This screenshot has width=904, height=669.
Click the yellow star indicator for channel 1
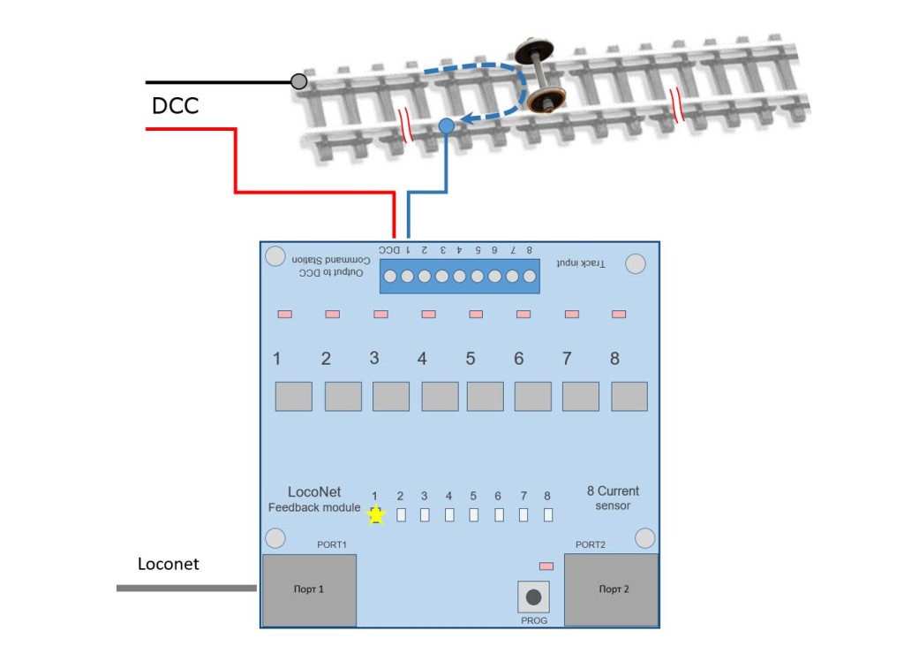click(377, 514)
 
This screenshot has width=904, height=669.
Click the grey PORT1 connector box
click(309, 589)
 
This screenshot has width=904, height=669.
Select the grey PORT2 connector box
click(611, 589)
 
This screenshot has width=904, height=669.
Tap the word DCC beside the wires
click(175, 106)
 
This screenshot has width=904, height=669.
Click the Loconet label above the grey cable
click(169, 564)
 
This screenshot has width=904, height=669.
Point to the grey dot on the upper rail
click(299, 82)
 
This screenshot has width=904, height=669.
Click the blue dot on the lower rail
click(447, 126)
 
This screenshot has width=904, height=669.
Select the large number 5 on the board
click(470, 359)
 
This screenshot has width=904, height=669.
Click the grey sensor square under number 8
click(629, 396)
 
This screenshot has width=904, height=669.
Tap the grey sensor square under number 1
click(293, 396)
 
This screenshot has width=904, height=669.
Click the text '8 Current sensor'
click(613, 498)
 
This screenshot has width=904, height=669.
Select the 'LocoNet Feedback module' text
click(314, 499)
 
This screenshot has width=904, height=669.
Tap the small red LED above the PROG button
click(546, 565)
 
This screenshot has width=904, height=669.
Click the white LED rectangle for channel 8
click(548, 514)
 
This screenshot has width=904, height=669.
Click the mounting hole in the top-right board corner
click(635, 262)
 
